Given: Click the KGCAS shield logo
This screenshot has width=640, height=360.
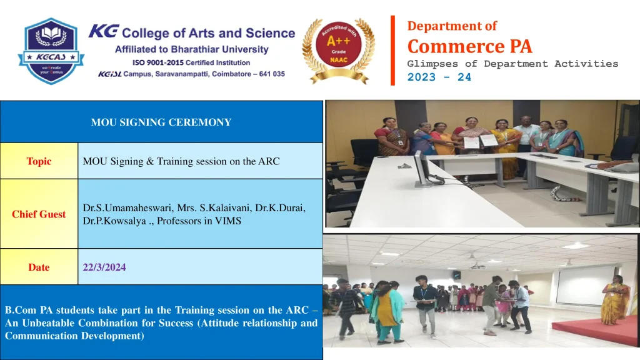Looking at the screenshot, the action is point(51,51).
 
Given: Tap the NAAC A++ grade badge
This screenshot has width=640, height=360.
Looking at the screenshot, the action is point(339,50).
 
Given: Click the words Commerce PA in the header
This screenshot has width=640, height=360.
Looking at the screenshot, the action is point(470,46).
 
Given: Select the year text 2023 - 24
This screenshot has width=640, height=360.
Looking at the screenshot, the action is point(439,77).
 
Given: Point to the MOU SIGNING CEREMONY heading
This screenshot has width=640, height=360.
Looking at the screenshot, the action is point(161,122).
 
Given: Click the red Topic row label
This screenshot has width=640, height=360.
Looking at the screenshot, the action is point(39,161).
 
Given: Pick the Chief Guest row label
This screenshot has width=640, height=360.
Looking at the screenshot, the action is point(39,214).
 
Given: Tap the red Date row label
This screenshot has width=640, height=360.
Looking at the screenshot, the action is point(39,267).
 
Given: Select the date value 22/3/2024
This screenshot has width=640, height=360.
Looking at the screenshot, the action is point(104,267).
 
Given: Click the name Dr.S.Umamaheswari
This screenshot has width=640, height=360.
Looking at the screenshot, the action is point(127,208).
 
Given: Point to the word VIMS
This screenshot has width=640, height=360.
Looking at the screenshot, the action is point(228,221).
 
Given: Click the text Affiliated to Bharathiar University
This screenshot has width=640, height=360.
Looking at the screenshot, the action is point(192,49).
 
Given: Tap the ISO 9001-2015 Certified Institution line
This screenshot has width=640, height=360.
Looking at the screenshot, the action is point(191,62).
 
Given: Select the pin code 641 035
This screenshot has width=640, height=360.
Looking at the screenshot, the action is point(272,74).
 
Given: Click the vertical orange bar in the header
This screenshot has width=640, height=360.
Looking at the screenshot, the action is point(392,50).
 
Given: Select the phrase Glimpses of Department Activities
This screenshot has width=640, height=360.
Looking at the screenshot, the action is point(512,64).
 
